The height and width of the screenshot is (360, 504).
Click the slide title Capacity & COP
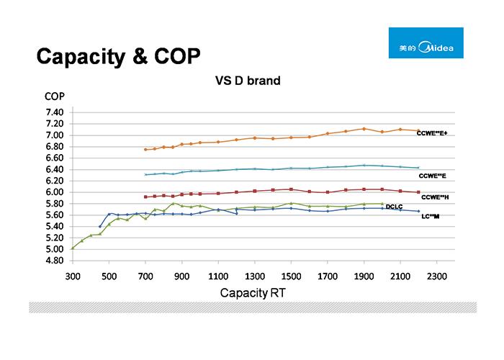[118, 56]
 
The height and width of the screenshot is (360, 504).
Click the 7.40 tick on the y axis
[55, 112]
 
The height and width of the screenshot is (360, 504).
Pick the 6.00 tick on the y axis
[55, 192]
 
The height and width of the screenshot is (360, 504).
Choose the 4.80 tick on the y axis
[55, 261]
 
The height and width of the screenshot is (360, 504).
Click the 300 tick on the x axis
[73, 276]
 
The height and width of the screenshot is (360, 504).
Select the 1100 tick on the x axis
[218, 276]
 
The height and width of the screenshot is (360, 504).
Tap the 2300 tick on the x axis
[436, 276]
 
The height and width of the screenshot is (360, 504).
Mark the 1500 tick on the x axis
[291, 276]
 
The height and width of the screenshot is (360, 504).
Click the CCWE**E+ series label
[432, 133]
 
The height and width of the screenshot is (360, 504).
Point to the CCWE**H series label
[435, 197]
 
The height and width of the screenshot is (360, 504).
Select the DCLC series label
[394, 207]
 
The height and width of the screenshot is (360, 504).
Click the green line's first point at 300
[73, 248]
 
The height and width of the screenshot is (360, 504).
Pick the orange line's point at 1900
[364, 129]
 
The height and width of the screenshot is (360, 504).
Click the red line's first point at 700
[145, 197]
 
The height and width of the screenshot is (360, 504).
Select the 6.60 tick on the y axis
[55, 158]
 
